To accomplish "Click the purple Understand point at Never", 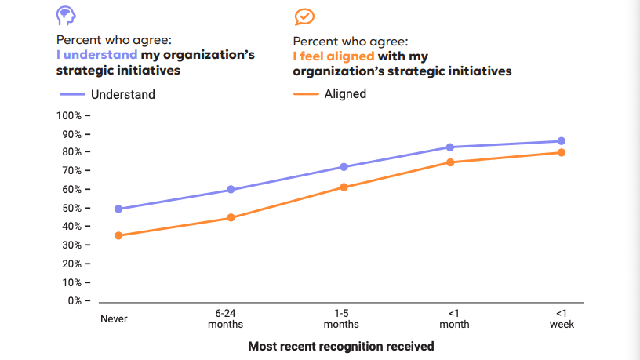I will pyautogui.click(x=118, y=209).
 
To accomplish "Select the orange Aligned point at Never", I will pyautogui.click(x=118, y=235).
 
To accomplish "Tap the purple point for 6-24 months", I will pyautogui.click(x=231, y=190).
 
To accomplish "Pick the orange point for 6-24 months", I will pyautogui.click(x=231, y=217).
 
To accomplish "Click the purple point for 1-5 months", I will pyautogui.click(x=343, y=167).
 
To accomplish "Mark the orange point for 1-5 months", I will pyautogui.click(x=343, y=187).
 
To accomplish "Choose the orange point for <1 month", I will pyautogui.click(x=451, y=162).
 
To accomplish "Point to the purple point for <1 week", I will pyautogui.click(x=562, y=141).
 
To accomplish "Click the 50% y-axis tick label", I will pyautogui.click(x=71, y=208).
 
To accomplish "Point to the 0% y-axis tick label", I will pyautogui.click(x=74, y=300).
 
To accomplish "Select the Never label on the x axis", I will pyautogui.click(x=114, y=319).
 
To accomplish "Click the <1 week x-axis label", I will pyautogui.click(x=562, y=318).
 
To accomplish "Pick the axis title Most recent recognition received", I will pyautogui.click(x=340, y=346).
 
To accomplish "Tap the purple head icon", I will pyautogui.click(x=66, y=16).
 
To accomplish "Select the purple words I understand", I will pyautogui.click(x=96, y=55).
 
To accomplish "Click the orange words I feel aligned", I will pyautogui.click(x=333, y=56).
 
